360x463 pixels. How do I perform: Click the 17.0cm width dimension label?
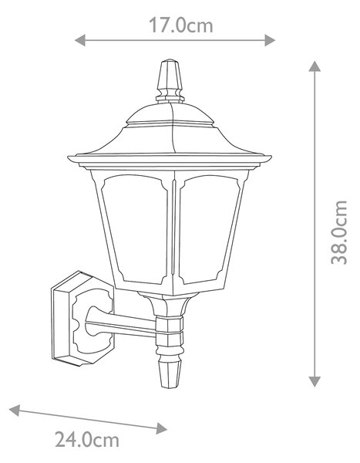click(180, 25)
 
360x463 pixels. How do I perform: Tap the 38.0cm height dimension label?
click(339, 232)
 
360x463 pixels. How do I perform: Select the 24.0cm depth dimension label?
click(87, 440)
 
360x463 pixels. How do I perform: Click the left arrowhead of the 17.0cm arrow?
click(80, 40)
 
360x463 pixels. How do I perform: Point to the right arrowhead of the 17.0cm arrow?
click(270, 40)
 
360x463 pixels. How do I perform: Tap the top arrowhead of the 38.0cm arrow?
click(315, 66)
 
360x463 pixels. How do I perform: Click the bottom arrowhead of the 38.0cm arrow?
click(315, 381)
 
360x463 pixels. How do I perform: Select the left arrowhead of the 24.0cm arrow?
click(15, 411)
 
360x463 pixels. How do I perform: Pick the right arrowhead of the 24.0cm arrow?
click(161, 428)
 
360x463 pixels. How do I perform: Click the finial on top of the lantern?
click(170, 80)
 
